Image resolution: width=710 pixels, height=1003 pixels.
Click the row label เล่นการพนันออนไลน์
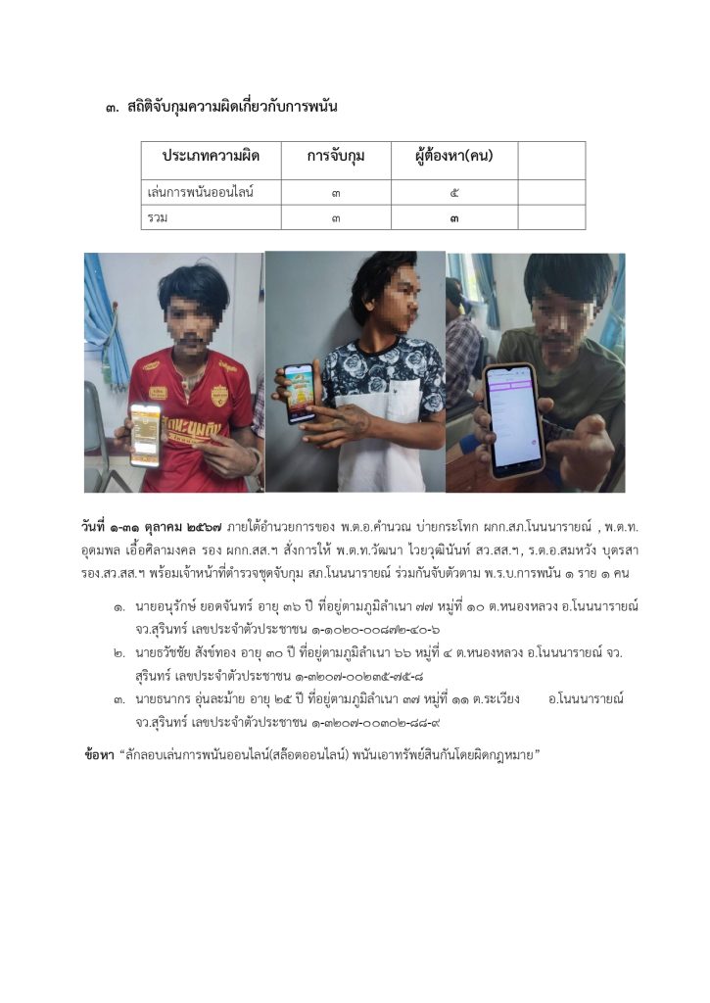click(x=194, y=193)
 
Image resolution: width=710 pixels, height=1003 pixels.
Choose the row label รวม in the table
click(x=157, y=217)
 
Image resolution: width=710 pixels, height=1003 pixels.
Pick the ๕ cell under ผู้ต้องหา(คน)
click(x=453, y=193)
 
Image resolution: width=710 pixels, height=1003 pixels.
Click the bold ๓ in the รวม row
click(x=453, y=217)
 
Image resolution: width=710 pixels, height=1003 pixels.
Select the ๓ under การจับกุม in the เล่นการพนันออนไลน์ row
click(x=336, y=193)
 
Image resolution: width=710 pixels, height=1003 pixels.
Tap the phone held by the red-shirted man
click(x=145, y=434)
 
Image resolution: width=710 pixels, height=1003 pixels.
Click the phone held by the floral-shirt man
click(x=299, y=392)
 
